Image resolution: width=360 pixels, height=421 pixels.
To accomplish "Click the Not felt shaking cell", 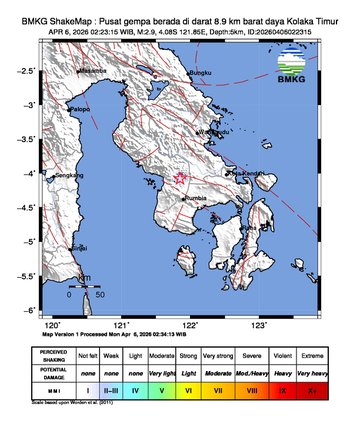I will (x=89, y=355).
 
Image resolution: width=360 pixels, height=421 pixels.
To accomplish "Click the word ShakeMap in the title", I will (x=69, y=10).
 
